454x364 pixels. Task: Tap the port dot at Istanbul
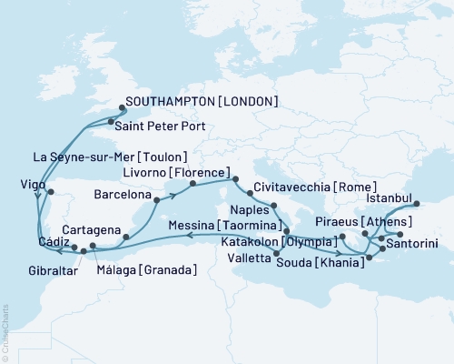click(418, 205)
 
